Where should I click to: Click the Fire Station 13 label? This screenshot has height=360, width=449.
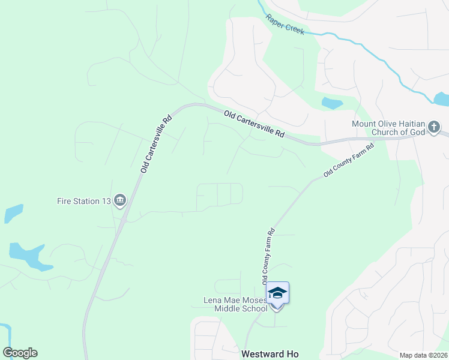(83, 201)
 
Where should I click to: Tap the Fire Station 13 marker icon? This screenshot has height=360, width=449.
(119, 200)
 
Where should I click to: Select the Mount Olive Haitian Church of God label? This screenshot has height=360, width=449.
(390, 128)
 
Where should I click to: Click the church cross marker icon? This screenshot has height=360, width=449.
(435, 127)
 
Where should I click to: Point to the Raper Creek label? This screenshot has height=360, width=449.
(286, 25)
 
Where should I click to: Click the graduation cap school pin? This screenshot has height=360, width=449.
(277, 293)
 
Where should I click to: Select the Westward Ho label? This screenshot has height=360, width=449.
(270, 354)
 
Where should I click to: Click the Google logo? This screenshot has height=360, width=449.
(20, 353)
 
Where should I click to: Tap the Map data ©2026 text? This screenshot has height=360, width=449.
(423, 355)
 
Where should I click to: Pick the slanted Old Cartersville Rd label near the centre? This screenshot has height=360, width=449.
(254, 124)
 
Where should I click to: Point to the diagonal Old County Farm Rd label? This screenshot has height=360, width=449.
(349, 160)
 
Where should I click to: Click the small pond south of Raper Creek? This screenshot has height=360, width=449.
(332, 103)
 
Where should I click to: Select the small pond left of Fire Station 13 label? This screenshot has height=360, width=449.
(13, 213)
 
